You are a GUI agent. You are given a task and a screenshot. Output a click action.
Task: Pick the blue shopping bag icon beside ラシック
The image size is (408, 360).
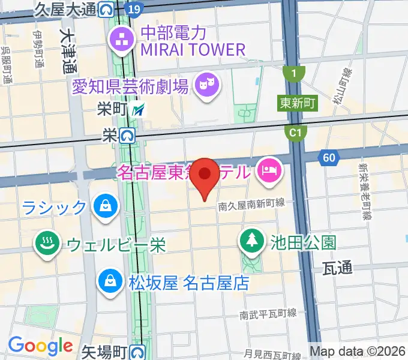[105, 207]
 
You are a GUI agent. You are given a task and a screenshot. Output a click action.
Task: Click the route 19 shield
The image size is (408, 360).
[135, 9]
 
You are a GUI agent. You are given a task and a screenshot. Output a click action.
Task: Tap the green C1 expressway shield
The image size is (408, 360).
[294, 132]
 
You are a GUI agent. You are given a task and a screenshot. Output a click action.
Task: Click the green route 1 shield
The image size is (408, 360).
[294, 73]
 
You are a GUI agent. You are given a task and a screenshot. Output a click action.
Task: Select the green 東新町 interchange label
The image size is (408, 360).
[298, 103]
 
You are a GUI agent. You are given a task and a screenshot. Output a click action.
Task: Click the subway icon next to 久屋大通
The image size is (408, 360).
[107, 9]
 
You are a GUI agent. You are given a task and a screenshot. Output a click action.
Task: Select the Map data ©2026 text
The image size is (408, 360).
[356, 351]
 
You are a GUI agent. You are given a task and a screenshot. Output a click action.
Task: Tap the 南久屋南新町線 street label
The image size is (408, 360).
[252, 204]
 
